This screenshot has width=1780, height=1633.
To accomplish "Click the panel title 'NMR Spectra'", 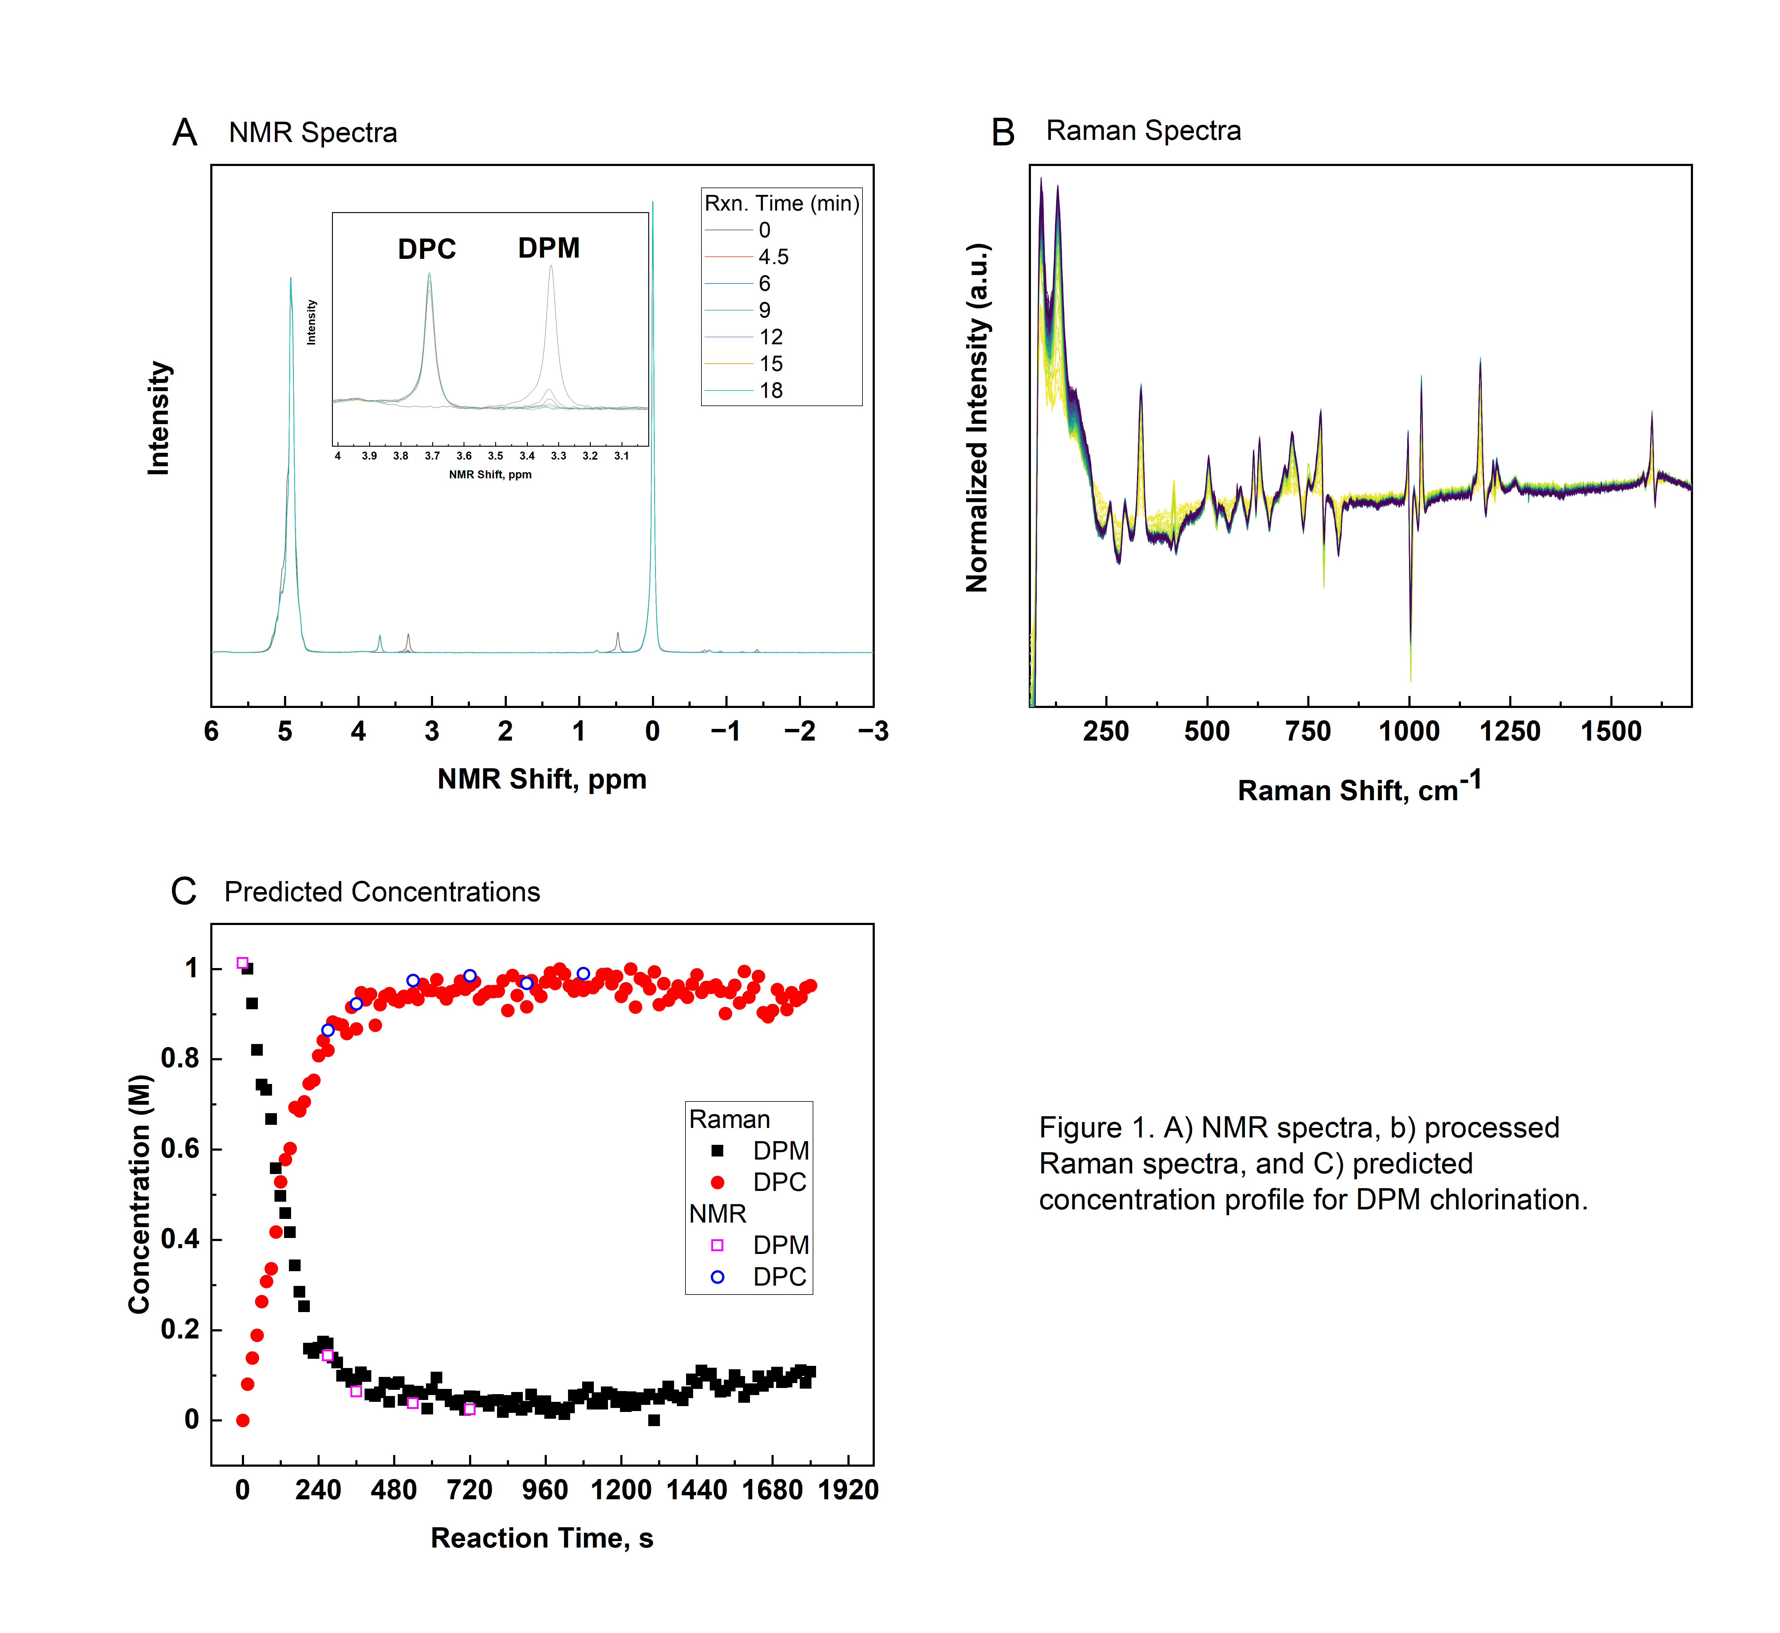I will point(313,132).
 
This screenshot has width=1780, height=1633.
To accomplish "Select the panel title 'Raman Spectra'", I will point(1143,131).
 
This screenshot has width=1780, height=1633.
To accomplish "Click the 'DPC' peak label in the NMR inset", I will point(427,249).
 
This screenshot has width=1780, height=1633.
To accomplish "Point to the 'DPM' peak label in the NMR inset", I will point(549,248).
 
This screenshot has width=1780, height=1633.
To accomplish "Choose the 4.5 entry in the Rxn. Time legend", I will point(773,257).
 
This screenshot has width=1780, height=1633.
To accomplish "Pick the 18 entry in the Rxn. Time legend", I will point(770,391).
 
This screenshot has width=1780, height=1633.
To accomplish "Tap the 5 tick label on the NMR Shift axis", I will point(284,732).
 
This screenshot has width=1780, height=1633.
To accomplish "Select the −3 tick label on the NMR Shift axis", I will point(873,732).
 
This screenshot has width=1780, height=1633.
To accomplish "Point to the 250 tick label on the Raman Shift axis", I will point(1106,732).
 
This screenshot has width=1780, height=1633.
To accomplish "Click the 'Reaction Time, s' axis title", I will point(542,1538).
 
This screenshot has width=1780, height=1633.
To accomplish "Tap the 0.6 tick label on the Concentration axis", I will point(180,1149).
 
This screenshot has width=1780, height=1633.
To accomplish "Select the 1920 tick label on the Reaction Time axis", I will point(848,1490).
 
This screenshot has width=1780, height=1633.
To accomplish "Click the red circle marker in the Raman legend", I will point(717,1182).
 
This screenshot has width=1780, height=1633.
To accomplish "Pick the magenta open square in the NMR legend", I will point(717,1245).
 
